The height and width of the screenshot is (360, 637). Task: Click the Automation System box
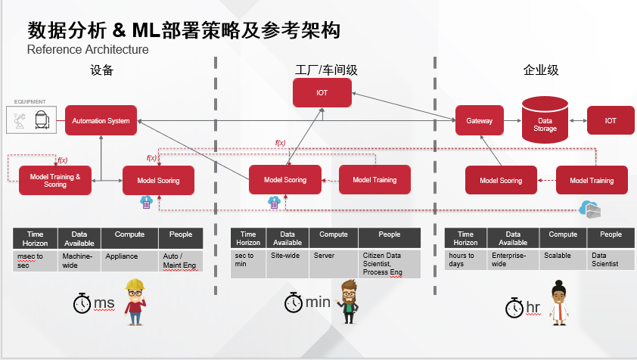[101, 120]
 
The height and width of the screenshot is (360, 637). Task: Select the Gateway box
[479, 120]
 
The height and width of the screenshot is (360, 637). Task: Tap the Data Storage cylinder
[545, 120]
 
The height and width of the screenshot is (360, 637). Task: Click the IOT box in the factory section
[322, 93]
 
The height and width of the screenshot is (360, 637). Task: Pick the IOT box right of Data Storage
[611, 120]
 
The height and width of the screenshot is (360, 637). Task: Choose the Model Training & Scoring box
[54, 180]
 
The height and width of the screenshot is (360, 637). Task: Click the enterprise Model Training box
[591, 181]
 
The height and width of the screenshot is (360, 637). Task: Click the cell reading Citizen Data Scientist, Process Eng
[389, 263]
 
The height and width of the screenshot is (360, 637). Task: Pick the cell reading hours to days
[465, 259]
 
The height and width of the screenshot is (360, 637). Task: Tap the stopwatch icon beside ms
[82, 303]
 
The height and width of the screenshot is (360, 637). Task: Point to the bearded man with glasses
[348, 301]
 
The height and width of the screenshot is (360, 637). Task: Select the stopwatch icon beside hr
[514, 307]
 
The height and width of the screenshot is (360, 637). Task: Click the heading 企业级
[540, 70]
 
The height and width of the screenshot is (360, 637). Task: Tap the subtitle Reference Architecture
[88, 50]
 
